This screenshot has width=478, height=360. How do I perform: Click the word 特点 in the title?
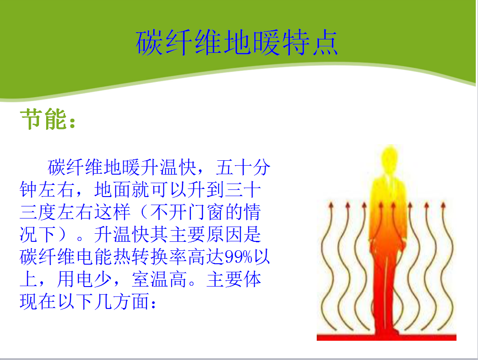pyautogui.click(x=310, y=43)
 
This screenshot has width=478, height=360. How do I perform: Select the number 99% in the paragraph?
pyautogui.click(x=238, y=257)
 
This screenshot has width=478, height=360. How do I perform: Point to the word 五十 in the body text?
pyautogui.click(x=233, y=167)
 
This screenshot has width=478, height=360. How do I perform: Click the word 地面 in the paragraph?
pyautogui.click(x=112, y=189)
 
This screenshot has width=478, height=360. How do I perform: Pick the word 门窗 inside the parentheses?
pyautogui.click(x=206, y=212)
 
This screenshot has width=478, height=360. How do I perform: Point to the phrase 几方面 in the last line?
pyautogui.click(x=121, y=302)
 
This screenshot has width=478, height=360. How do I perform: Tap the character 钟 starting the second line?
pyautogui.click(x=29, y=189)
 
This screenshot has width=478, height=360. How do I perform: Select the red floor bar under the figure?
pyautogui.click(x=386, y=337)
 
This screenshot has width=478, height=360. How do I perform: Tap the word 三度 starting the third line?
pyautogui.click(x=38, y=212)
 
